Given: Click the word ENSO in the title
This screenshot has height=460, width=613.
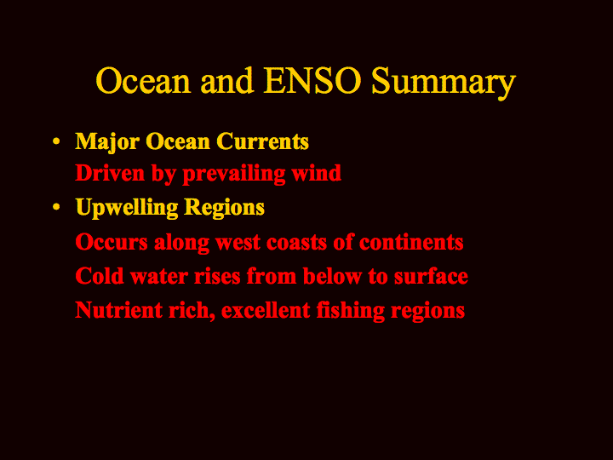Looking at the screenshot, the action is pyautogui.click(x=312, y=81).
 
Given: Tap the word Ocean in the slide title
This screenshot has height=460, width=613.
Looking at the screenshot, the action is pyautogui.click(x=143, y=81).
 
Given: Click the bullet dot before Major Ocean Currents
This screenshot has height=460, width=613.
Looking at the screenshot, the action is pyautogui.click(x=56, y=141).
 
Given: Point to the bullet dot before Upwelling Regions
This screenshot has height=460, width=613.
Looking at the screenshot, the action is pyautogui.click(x=56, y=207).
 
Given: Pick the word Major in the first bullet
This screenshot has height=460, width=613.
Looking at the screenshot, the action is pyautogui.click(x=107, y=142).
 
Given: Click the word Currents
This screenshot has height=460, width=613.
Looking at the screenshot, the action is pyautogui.click(x=262, y=141).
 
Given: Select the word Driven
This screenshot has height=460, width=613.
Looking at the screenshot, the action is pyautogui.click(x=110, y=173).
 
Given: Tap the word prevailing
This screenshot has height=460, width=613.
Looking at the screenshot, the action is pyautogui.click(x=234, y=175).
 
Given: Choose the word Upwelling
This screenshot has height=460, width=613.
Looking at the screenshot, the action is pyautogui.click(x=127, y=208).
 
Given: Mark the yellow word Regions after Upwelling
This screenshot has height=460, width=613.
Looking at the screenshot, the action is pyautogui.click(x=225, y=208).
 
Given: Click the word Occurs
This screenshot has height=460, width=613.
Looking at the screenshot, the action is pyautogui.click(x=112, y=242).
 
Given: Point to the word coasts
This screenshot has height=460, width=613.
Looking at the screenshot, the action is pyautogui.click(x=297, y=243).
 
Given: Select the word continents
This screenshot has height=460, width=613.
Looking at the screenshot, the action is pyautogui.click(x=411, y=242).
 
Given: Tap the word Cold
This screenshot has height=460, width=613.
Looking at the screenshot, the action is pyautogui.click(x=100, y=276).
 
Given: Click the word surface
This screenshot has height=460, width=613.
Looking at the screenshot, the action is pyautogui.click(x=431, y=276).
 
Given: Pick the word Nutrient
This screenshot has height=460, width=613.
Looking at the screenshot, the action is pyautogui.click(x=118, y=310).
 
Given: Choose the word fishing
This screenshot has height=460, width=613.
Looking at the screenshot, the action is pyautogui.click(x=350, y=311).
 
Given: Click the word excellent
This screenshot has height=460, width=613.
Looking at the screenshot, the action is pyautogui.click(x=266, y=310).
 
